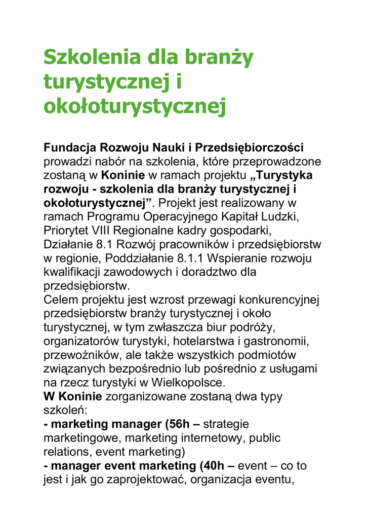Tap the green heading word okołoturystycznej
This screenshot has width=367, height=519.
click(134, 106)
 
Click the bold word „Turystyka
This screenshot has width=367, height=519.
click(281, 175)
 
